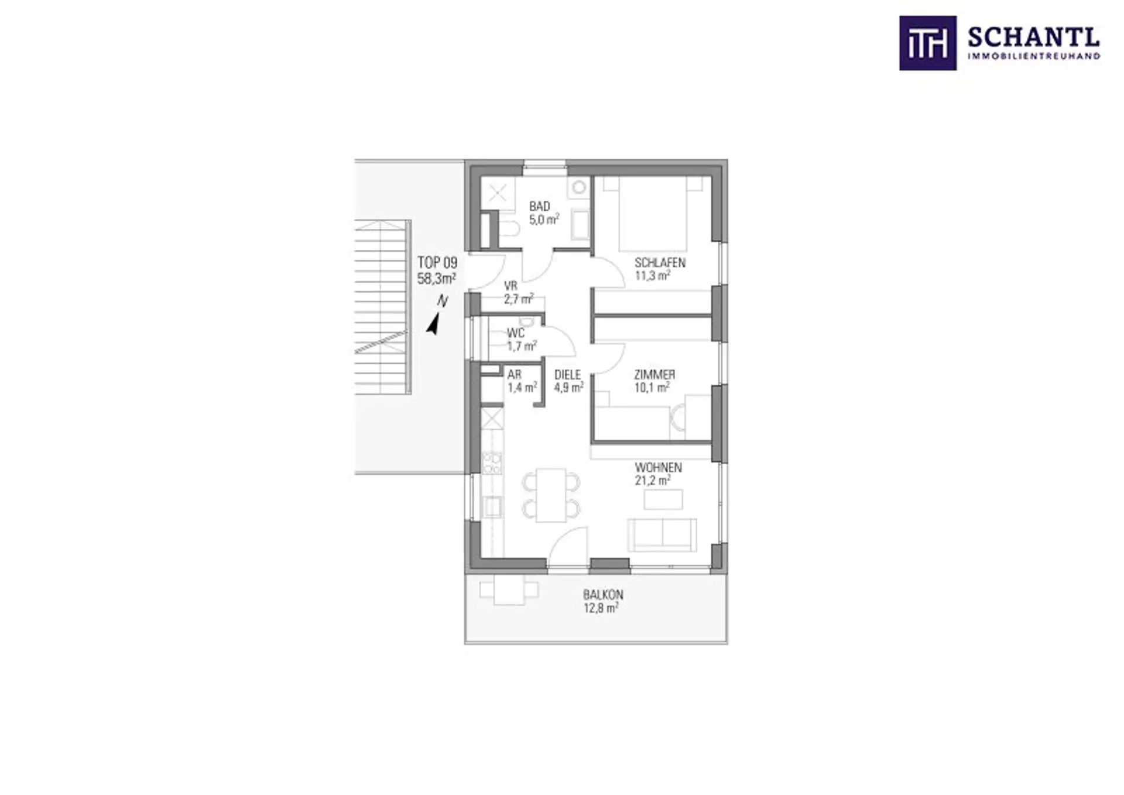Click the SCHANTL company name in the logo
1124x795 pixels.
1033,38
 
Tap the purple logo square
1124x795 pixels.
928,43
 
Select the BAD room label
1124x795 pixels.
540,206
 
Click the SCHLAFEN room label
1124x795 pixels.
660,262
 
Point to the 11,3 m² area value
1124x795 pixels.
653,276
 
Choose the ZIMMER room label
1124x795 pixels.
654,375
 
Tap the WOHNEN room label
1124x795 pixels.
659,468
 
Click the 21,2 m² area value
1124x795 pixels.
653,481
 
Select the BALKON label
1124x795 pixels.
603,595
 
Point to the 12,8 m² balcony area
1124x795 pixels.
601,608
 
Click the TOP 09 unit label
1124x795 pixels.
437,263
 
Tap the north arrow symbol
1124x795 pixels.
434,323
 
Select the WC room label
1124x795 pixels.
516,333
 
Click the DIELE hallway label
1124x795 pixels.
568,375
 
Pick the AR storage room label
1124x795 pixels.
515,375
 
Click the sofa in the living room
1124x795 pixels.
662,535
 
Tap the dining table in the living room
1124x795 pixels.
551,495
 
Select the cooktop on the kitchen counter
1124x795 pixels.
492,463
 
